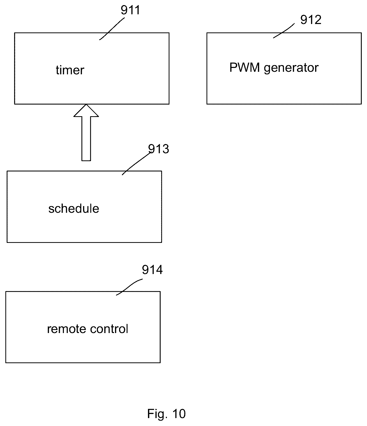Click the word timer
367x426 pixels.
click(70, 70)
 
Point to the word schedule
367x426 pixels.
click(74, 208)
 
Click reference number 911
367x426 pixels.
click(131, 10)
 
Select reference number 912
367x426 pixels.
click(311, 20)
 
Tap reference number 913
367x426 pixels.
click(158, 149)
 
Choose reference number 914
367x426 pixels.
click(152, 270)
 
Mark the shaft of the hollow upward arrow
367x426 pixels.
click(86, 139)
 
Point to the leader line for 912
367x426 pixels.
click(284, 31)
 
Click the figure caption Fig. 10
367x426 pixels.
click(166, 413)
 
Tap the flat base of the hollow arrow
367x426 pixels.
click(86, 161)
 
